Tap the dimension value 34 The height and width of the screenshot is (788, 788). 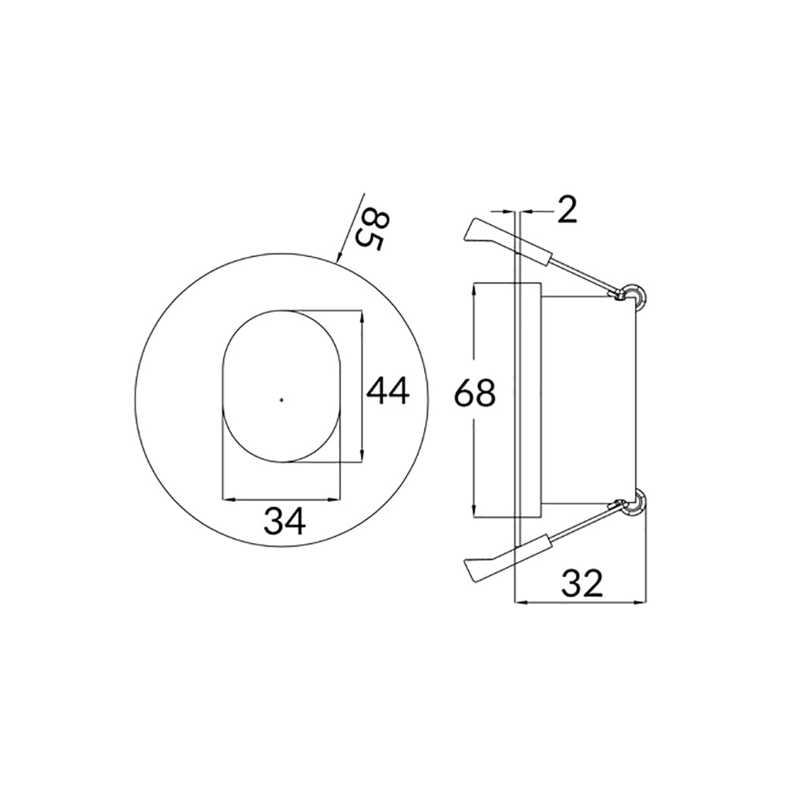coord(284,521)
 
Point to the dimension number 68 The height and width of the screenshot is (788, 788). coord(475,392)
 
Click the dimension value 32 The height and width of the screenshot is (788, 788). coord(582,583)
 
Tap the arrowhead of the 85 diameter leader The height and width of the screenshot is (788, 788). coord(338,257)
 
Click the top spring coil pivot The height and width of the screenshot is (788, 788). coord(632,295)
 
